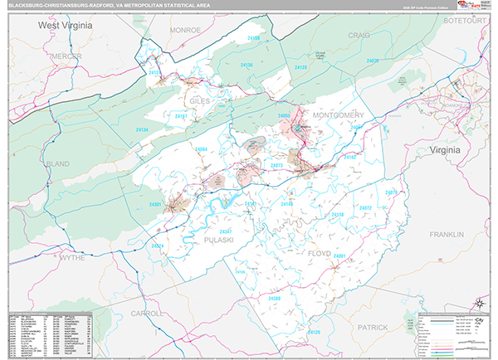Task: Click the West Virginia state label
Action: pyautogui.click(x=65, y=26)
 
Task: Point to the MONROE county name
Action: pyautogui.click(x=185, y=29)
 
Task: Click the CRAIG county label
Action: pyautogui.click(x=359, y=35)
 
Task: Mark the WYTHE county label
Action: pyautogui.click(x=72, y=258)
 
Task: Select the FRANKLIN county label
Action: pyautogui.click(x=446, y=235)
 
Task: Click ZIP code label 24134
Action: pyautogui.click(x=143, y=130)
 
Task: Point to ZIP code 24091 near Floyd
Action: pyautogui.click(x=339, y=256)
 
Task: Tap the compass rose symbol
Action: pyautogui.click(x=478, y=302)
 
